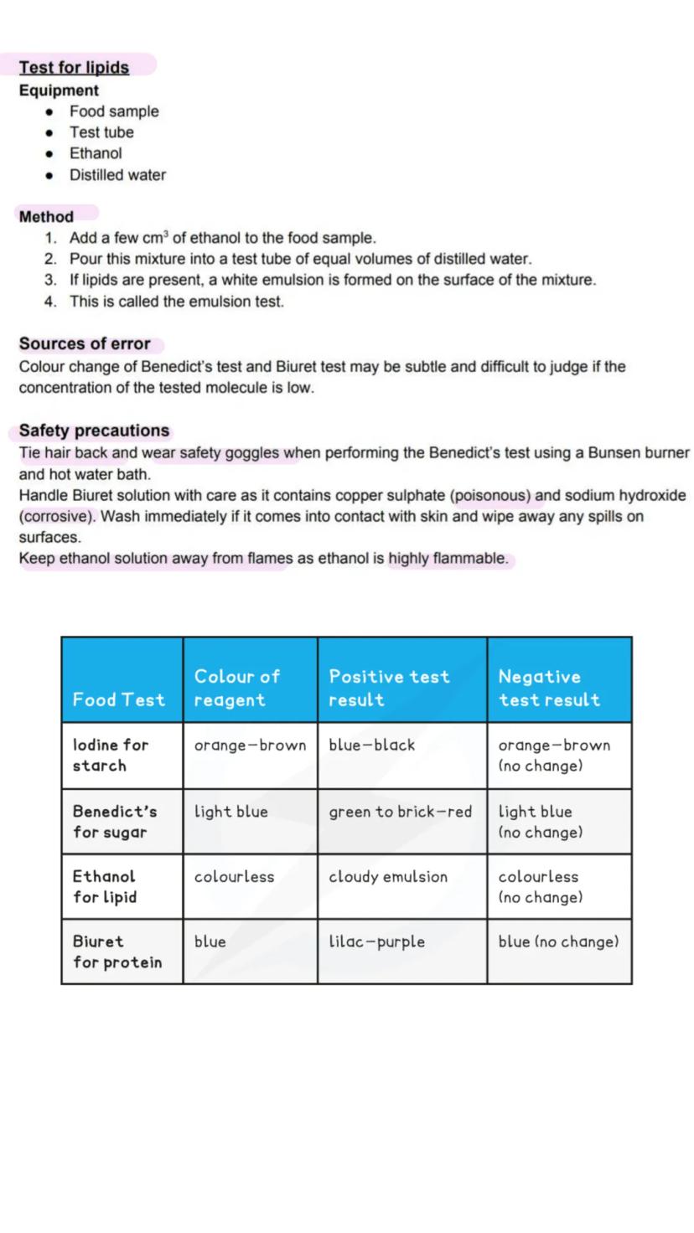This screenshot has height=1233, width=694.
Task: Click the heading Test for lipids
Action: click(74, 67)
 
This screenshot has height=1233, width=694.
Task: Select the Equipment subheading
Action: click(59, 90)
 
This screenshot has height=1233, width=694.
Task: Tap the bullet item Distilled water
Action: click(117, 175)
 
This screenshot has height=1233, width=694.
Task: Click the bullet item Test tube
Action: click(101, 132)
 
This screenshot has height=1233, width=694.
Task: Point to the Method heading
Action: click(46, 216)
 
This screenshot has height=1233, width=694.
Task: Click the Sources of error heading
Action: click(85, 343)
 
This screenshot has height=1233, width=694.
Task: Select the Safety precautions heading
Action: click(94, 431)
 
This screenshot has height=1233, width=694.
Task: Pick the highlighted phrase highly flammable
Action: click(448, 558)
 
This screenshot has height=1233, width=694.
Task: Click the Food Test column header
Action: click(118, 699)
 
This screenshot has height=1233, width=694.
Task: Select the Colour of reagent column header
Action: click(236, 688)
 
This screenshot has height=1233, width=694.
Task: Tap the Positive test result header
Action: click(389, 688)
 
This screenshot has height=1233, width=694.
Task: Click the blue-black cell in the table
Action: click(371, 745)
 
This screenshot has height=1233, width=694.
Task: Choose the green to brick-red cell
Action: click(400, 812)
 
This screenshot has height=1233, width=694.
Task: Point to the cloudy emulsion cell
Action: click(388, 876)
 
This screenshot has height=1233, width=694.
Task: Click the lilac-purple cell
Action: click(376, 942)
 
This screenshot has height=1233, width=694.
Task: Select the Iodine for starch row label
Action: click(110, 755)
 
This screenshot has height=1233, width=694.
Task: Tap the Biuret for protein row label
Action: click(117, 952)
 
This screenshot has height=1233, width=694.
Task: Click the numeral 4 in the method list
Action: click(50, 302)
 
